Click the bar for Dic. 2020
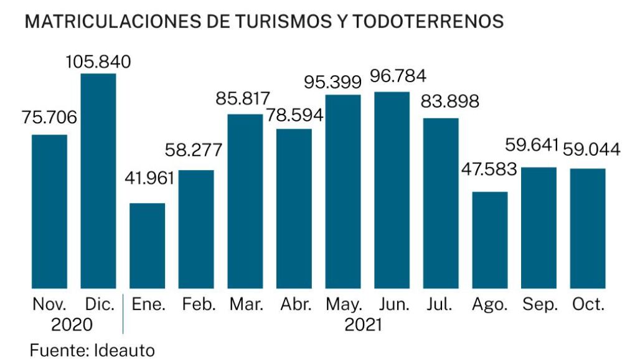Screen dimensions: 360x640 click(98, 181)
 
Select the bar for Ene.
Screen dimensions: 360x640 click(148, 245)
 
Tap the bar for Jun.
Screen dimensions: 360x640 click(392, 190)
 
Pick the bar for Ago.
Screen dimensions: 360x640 click(490, 240)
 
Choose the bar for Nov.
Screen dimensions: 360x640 click(49, 211)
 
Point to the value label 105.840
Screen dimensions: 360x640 click(98, 62)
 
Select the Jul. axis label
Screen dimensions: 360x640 click(441, 305)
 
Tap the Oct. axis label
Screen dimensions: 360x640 click(588, 305)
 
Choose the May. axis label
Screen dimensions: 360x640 click(344, 305)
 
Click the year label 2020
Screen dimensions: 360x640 click(72, 324)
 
